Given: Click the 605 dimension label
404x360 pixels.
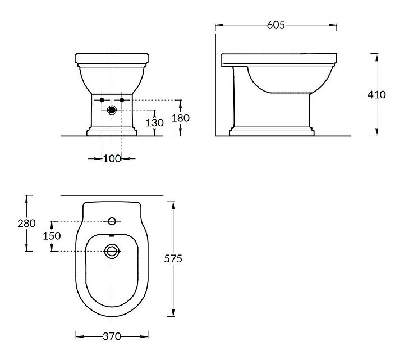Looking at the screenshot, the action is [276, 25].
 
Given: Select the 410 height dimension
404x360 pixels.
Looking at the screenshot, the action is [377, 95].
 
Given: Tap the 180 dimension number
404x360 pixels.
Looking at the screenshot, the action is [180, 118].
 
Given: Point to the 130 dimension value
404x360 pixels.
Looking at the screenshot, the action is [155, 123].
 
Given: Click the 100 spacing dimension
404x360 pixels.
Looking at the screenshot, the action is [112, 158].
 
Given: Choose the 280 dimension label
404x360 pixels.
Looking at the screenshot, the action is [26, 223].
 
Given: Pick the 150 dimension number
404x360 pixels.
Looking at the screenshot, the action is [52, 236].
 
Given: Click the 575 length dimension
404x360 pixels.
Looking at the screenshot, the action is [173, 258].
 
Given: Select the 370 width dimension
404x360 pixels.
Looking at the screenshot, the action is [112, 336].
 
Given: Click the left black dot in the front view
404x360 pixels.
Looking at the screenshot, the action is [102, 100].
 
